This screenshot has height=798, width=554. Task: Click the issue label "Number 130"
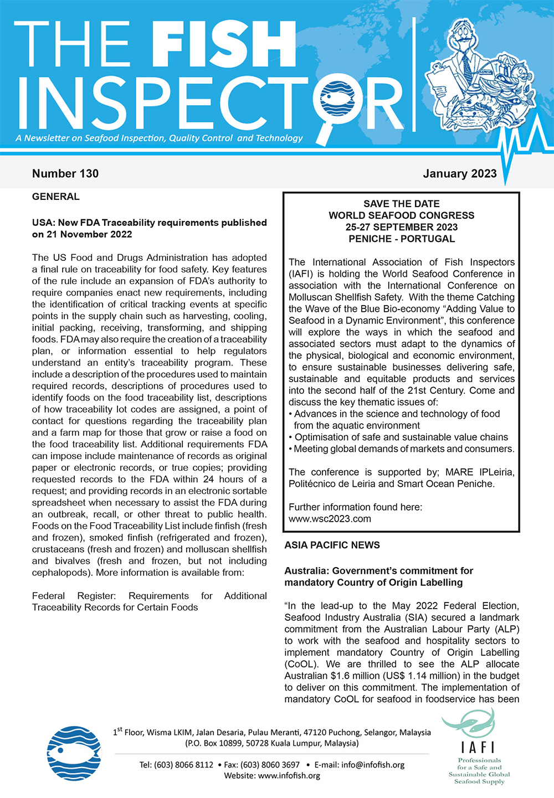click(65, 173)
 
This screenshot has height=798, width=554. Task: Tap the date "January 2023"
click(460, 173)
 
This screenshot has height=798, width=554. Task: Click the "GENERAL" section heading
click(56, 197)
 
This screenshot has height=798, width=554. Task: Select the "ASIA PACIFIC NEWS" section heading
click(332, 545)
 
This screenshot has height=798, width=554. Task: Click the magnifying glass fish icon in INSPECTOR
click(337, 100)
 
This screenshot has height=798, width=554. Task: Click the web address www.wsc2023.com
click(330, 519)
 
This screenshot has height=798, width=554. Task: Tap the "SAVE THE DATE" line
click(402, 204)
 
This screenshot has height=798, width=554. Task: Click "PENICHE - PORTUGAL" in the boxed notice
click(402, 239)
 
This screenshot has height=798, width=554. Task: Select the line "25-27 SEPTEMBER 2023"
click(402, 227)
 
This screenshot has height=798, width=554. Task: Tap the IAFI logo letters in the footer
click(479, 747)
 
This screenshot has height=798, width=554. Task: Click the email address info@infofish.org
click(373, 765)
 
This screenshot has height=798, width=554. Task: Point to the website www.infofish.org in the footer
click(289, 775)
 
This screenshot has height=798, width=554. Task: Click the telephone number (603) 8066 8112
click(183, 765)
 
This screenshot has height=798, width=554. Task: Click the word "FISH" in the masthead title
click(223, 44)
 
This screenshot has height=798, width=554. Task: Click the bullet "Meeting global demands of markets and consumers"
click(404, 449)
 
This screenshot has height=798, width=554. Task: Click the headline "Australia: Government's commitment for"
click(379, 570)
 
